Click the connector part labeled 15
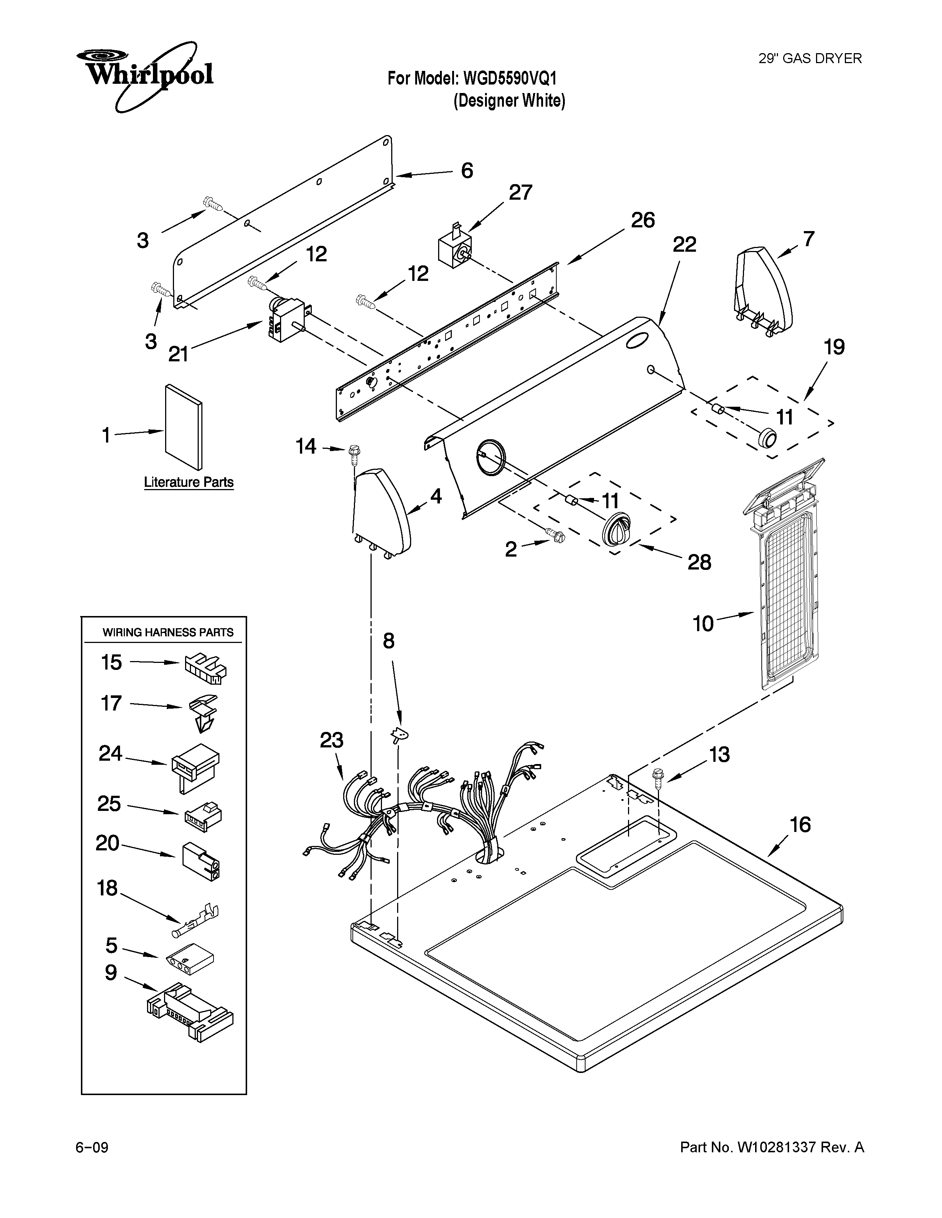[204, 668]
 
